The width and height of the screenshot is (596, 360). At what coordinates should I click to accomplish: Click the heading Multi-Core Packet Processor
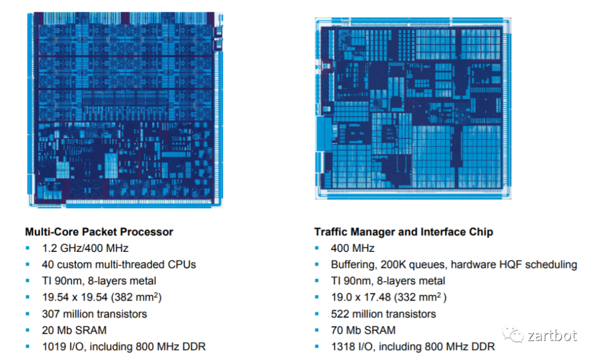[x=99, y=232]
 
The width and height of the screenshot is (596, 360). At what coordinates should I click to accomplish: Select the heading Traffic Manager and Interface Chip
[x=403, y=232]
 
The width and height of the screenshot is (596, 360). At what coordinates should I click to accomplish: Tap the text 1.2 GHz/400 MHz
[x=85, y=248]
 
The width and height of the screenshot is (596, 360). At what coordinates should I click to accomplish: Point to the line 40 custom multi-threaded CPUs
[x=119, y=264]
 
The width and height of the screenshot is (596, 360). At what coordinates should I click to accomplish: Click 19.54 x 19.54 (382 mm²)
[x=102, y=298]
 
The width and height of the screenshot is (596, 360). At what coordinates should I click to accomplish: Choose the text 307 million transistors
[x=94, y=314]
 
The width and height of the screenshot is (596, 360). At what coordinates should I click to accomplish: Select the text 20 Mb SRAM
[x=74, y=330]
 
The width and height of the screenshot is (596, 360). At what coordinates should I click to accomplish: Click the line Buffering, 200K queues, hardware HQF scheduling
[x=454, y=264]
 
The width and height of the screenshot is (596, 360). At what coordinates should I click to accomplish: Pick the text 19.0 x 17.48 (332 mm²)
[x=389, y=298]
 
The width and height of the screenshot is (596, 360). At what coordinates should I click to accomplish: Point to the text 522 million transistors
[x=383, y=314]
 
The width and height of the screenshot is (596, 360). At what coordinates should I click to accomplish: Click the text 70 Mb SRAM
[x=363, y=330]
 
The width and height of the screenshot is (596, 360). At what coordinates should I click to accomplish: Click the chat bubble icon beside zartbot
[x=514, y=335]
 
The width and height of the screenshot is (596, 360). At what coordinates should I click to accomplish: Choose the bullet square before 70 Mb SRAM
[x=317, y=330]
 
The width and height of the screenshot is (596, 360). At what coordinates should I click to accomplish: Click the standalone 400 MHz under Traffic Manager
[x=353, y=248]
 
